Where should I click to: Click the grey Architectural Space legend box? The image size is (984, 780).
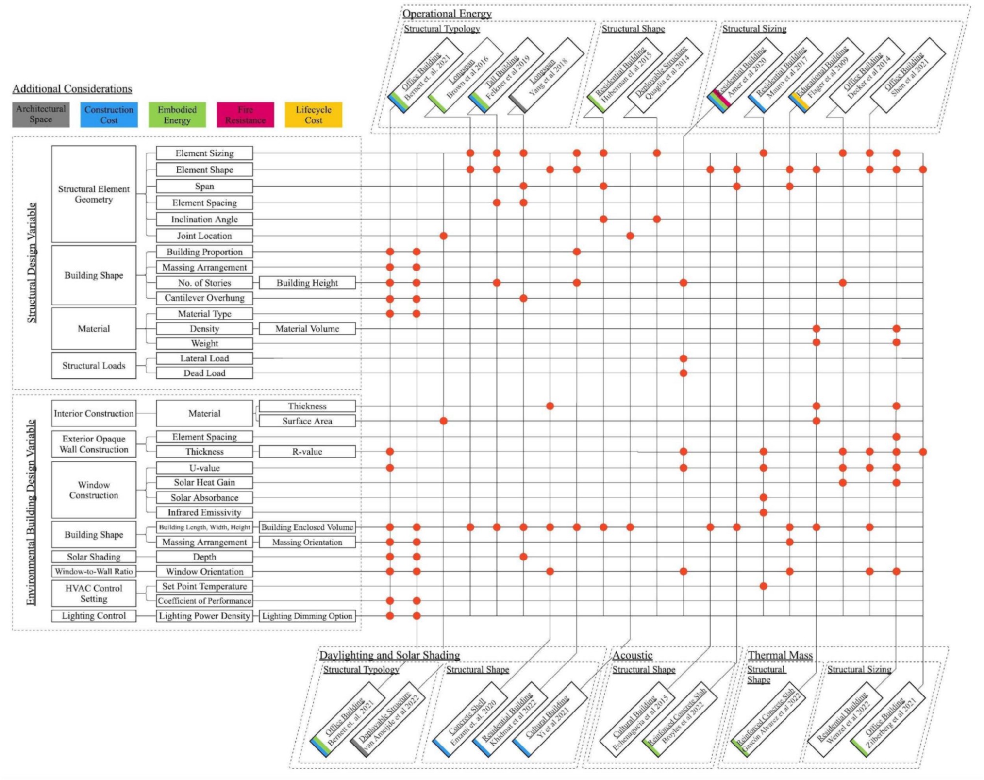(x=41, y=115)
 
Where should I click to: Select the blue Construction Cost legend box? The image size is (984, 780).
(x=109, y=115)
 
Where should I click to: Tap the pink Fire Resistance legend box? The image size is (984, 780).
(x=245, y=115)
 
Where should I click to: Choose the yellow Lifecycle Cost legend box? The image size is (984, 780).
(x=313, y=115)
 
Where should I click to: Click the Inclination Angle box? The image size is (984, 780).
(x=204, y=220)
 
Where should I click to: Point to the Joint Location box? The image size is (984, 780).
(x=204, y=236)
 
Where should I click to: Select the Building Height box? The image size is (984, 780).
(x=307, y=283)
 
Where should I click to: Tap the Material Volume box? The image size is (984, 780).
(x=307, y=329)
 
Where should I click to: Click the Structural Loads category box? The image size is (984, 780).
(x=94, y=366)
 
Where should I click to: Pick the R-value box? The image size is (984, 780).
(x=307, y=452)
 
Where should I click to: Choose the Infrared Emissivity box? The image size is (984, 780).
(x=204, y=512)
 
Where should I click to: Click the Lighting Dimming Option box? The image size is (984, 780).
(x=307, y=616)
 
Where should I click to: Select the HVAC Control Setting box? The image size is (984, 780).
(x=94, y=593)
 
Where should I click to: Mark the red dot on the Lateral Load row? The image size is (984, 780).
(x=684, y=358)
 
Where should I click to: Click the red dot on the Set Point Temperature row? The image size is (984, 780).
(x=763, y=586)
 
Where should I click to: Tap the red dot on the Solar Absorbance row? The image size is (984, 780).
(x=763, y=497)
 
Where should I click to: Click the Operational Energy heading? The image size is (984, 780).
(x=447, y=14)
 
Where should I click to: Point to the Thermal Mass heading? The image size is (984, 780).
(x=780, y=655)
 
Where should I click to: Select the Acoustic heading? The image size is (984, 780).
(x=632, y=655)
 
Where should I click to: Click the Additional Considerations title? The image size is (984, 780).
(x=72, y=89)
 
